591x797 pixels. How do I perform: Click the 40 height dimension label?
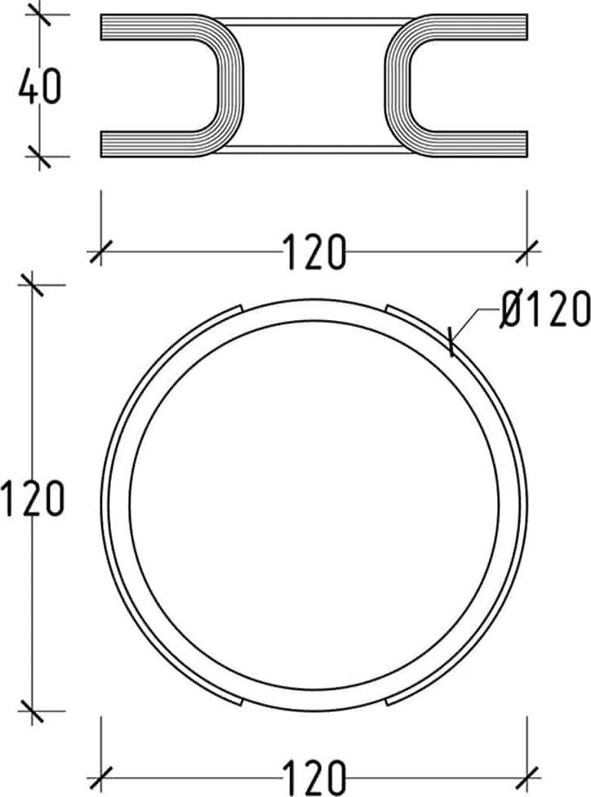[40, 86]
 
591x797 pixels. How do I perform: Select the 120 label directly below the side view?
[314, 252]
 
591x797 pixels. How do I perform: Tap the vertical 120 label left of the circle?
[33, 499]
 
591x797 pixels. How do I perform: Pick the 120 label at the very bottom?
[314, 778]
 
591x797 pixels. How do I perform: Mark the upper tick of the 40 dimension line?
[40, 15]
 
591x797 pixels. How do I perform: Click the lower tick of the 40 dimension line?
[40, 157]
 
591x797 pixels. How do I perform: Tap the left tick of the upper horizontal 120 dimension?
[100, 251]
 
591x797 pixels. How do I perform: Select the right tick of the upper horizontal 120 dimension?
[527, 251]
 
